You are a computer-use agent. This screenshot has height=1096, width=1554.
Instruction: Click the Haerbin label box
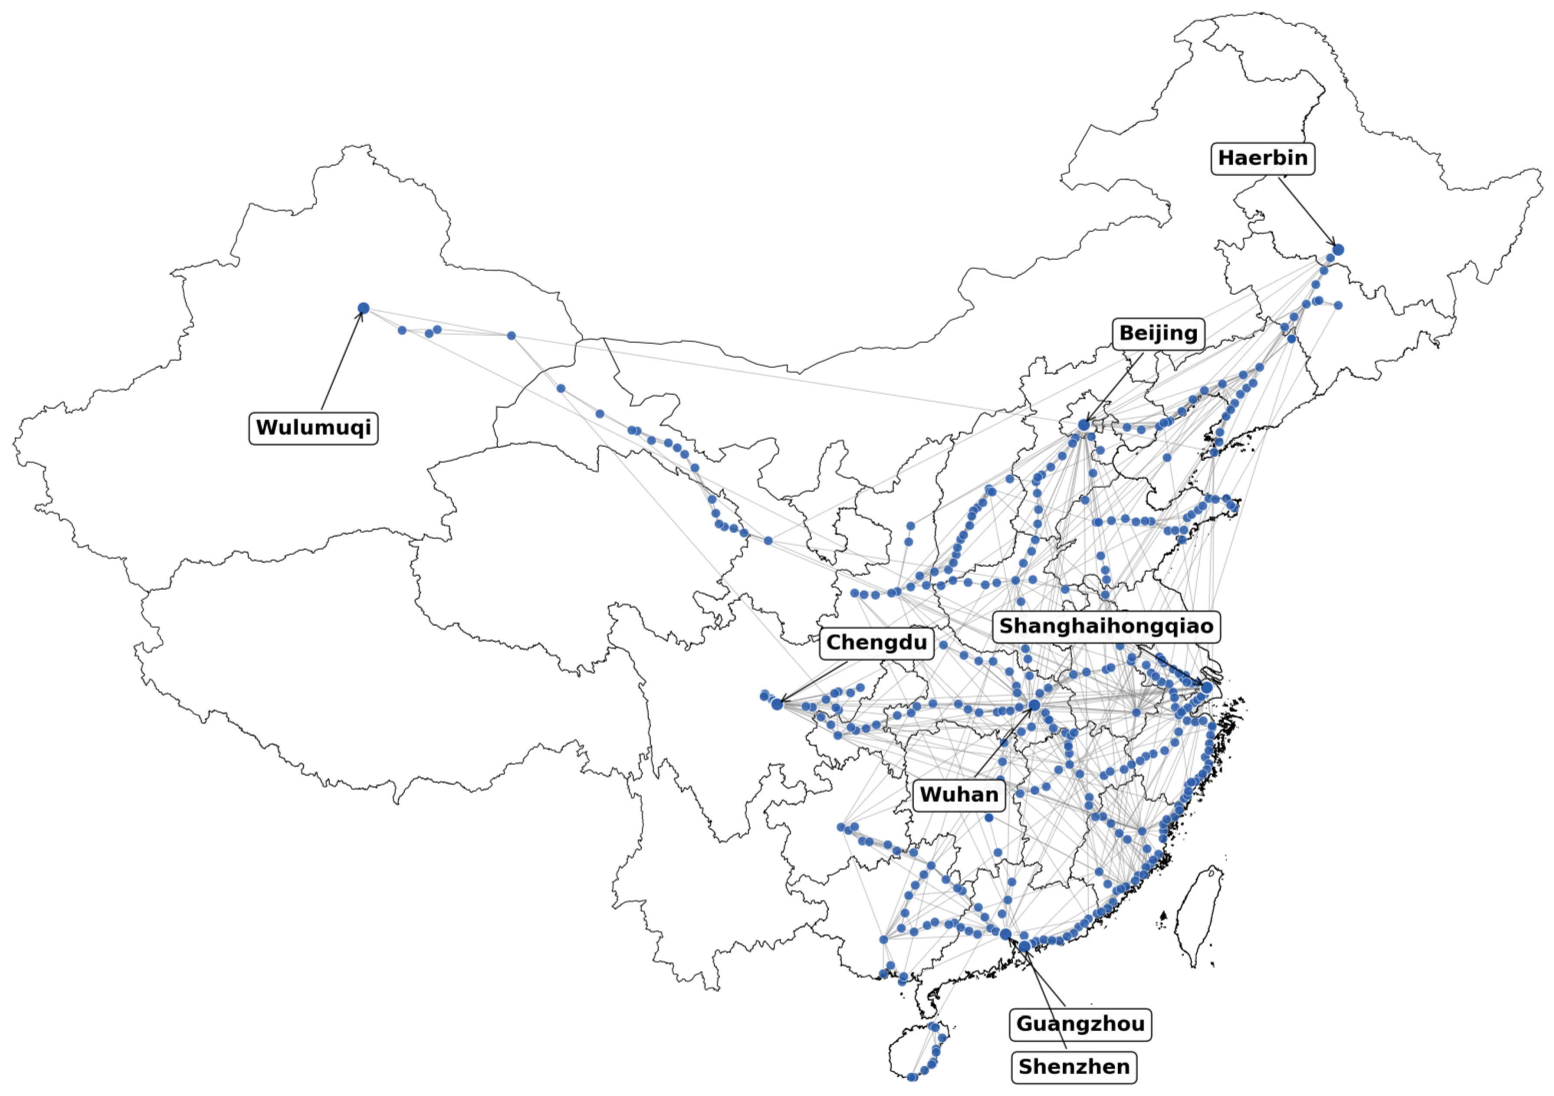(x=1262, y=158)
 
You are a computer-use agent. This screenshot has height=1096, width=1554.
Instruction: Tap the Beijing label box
(x=1158, y=334)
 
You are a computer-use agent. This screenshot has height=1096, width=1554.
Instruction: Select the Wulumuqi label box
(x=313, y=428)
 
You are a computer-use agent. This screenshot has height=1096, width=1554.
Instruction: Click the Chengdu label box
(x=877, y=643)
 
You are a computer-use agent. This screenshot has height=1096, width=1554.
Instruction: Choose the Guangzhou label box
(x=1080, y=1024)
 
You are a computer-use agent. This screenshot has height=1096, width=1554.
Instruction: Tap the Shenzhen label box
(x=1074, y=1067)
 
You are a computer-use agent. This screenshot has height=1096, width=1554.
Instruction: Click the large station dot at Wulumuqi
(x=364, y=308)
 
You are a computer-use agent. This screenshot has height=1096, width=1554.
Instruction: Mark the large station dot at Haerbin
(x=1338, y=250)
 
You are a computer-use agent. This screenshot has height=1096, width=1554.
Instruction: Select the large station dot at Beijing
(x=1084, y=425)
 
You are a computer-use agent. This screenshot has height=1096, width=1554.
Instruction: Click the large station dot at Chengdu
(x=777, y=704)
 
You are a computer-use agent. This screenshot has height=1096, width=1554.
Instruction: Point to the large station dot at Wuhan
(x=1034, y=706)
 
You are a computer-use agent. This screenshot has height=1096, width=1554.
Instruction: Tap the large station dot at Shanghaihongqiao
(x=1207, y=688)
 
